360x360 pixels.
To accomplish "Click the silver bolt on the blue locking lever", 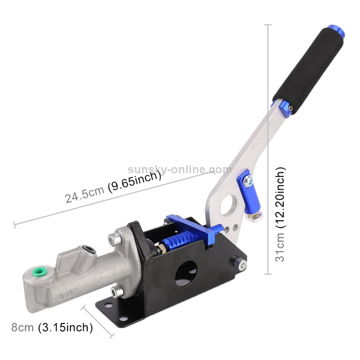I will pyautogui.click(x=248, y=181).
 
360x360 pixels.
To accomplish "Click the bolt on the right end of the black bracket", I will pyautogui.click(x=239, y=263).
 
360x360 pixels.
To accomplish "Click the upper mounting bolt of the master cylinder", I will pyautogui.click(x=113, y=237).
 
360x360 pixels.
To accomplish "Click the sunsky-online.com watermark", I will pyautogui.click(x=180, y=169).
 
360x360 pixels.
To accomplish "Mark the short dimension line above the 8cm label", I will pyautogui.click(x=97, y=321).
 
